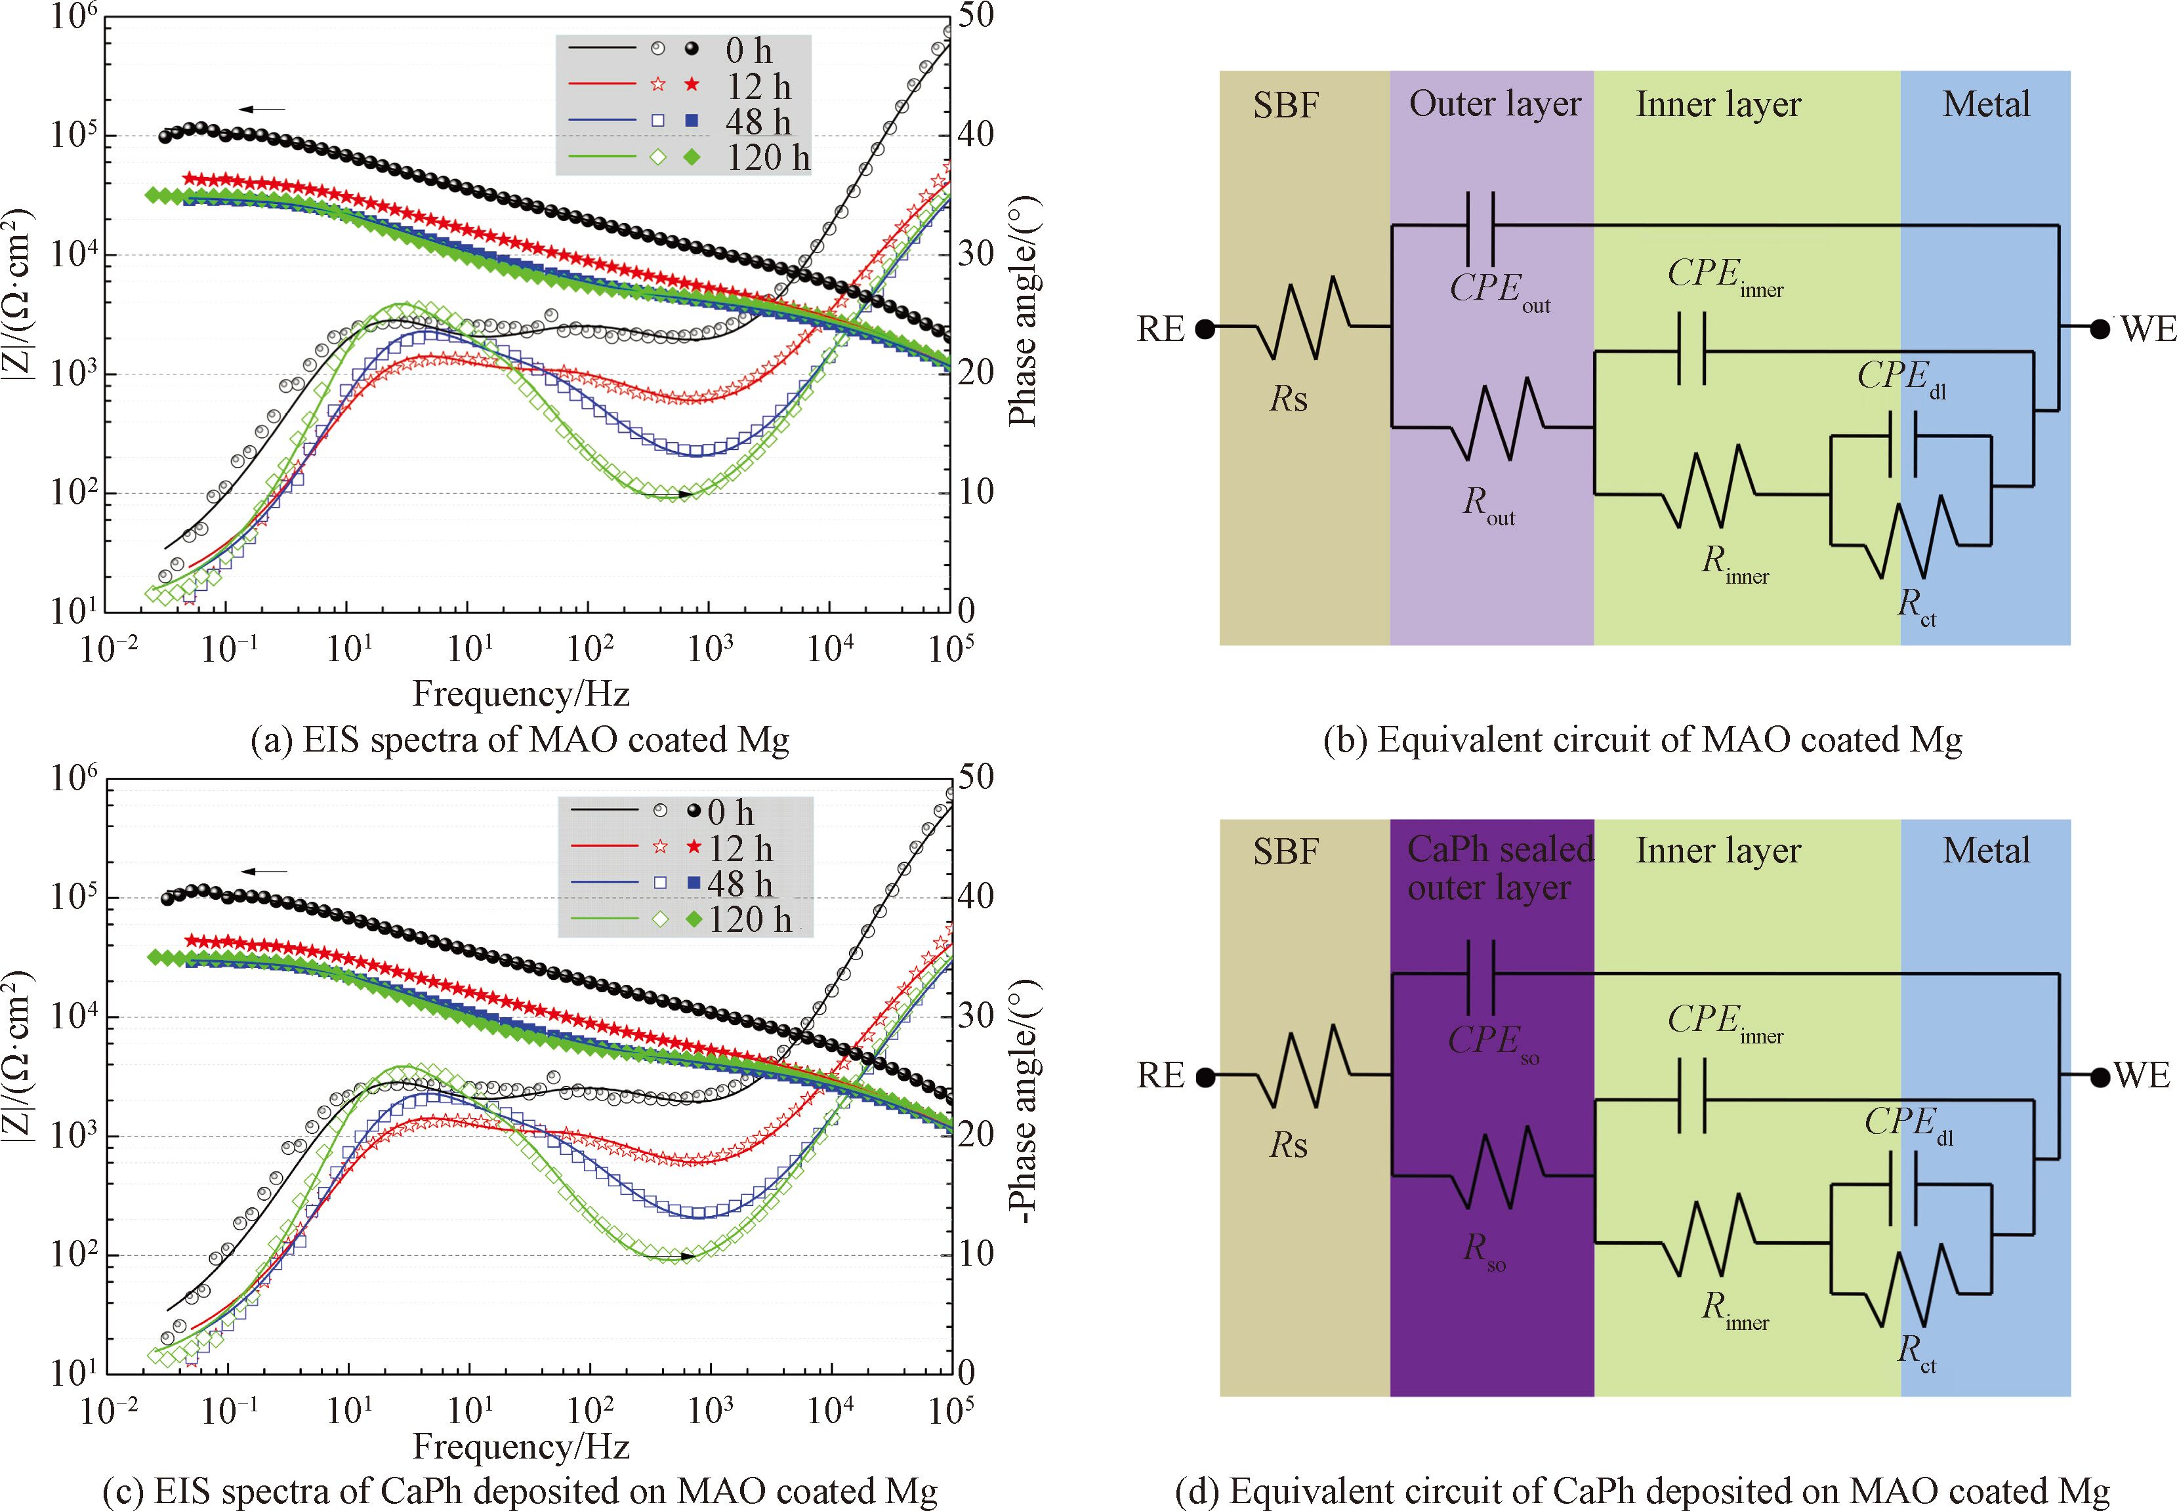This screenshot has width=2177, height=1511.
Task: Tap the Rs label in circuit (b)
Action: [1289, 399]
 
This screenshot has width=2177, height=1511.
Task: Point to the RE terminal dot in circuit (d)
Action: [1205, 1076]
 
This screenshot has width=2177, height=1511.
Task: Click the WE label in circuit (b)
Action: [2147, 329]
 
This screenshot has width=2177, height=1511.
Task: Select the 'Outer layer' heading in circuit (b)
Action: [1494, 104]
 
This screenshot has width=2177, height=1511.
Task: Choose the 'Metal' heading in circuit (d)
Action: [1985, 850]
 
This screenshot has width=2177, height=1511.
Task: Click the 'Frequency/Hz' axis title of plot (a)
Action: [521, 694]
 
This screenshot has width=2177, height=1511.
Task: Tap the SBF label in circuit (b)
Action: [1285, 105]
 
